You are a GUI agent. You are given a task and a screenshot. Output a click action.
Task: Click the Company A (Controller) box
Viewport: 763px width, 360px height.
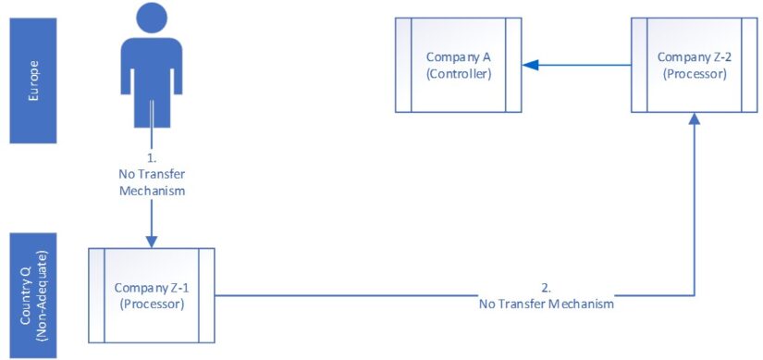458,66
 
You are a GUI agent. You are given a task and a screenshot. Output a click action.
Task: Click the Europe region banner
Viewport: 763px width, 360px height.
34,73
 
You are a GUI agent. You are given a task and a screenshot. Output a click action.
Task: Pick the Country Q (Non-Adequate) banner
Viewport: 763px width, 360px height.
34,294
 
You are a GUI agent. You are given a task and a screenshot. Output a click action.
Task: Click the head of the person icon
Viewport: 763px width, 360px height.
151,18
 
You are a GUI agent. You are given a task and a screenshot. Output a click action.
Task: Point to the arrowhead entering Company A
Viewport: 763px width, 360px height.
528,66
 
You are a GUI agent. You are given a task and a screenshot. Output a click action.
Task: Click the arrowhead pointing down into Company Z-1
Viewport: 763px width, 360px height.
151,242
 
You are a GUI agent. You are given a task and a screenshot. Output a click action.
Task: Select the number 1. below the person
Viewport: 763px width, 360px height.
151,156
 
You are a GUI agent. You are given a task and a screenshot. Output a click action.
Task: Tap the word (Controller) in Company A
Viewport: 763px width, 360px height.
458,74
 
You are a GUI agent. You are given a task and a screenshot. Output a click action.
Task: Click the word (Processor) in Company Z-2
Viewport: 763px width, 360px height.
695,73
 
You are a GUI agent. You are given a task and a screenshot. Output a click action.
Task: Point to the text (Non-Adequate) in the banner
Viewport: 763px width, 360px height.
43,294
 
